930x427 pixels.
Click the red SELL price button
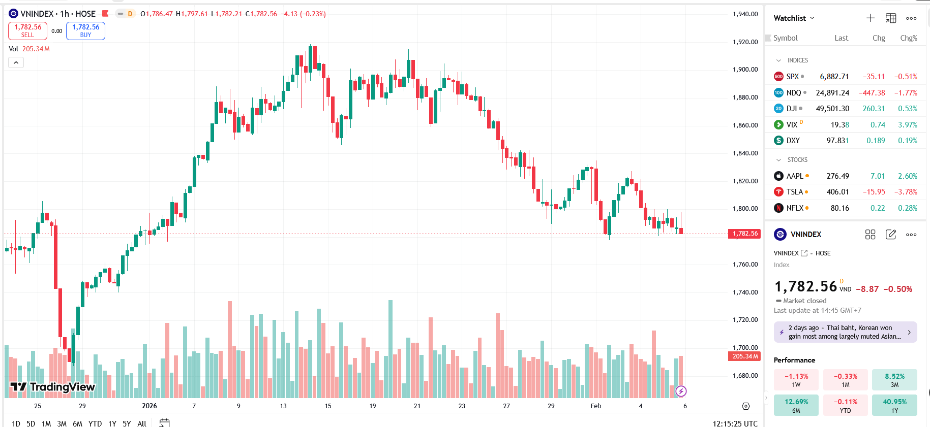click(x=27, y=31)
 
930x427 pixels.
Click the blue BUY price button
click(x=85, y=31)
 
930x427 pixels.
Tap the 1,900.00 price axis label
click(x=745, y=70)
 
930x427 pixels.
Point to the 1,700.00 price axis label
click(x=745, y=348)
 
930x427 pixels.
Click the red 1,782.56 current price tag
click(x=745, y=234)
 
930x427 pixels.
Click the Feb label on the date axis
click(x=595, y=406)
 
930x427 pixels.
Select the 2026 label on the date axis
click(x=149, y=406)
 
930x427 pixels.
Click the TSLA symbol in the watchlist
click(x=794, y=192)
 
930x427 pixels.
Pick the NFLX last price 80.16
click(x=839, y=208)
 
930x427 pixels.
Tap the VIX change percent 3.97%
click(x=907, y=125)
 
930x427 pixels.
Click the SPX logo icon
click(x=778, y=77)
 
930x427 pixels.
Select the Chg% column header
click(x=908, y=38)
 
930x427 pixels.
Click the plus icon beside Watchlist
click(x=871, y=18)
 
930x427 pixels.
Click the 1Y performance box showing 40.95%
click(x=894, y=405)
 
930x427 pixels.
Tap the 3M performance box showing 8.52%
click(x=894, y=380)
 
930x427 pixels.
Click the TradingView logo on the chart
click(x=53, y=387)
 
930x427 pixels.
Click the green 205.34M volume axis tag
click(x=745, y=356)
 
